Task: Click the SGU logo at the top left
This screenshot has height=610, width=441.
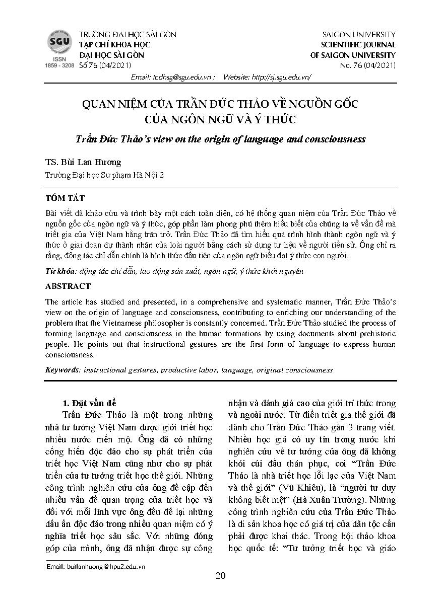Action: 59,41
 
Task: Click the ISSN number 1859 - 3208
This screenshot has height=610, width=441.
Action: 59,66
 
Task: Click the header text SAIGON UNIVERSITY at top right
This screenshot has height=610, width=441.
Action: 358,34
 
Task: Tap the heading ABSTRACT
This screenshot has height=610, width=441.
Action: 68,286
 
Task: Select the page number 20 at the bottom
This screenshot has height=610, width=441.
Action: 220,576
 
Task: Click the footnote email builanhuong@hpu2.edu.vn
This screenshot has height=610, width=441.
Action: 96,566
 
